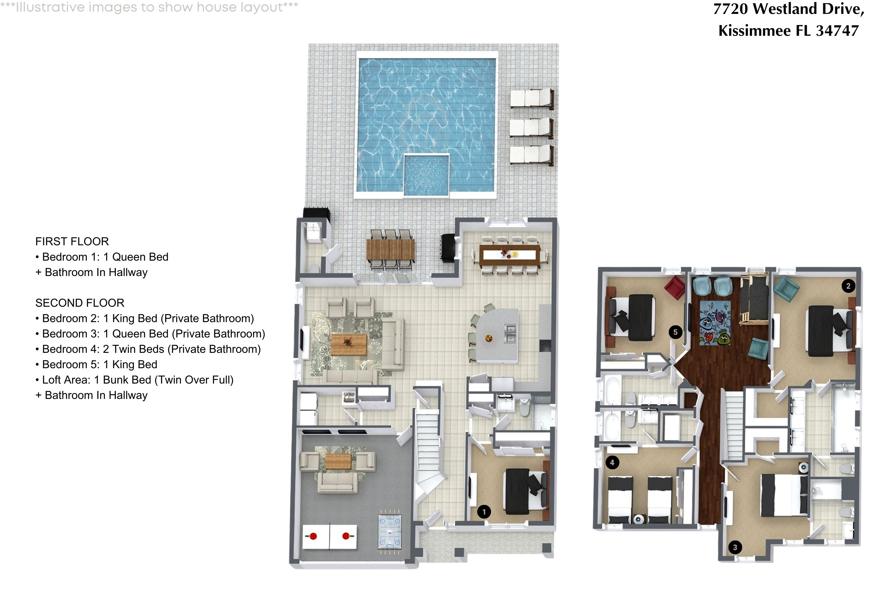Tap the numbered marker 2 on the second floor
tap(848, 286)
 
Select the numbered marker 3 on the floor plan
tap(735, 547)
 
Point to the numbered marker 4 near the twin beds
tap(612, 462)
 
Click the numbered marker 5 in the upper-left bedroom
tap(675, 332)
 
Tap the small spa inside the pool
tap(426, 175)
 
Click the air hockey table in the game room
tap(390, 531)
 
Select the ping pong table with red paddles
tap(329, 536)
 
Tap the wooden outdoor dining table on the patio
tap(390, 249)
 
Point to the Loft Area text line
tap(134, 380)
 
